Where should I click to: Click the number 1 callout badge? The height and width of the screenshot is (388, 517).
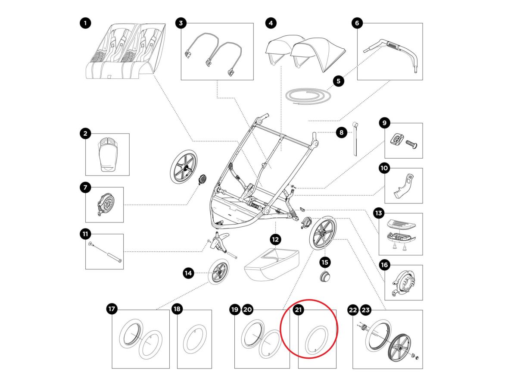(86, 23)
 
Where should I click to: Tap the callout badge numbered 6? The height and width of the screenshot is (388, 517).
(357, 23)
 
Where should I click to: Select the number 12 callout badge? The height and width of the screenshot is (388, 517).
(275, 238)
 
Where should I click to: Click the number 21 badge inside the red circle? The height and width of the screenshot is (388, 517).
(299, 310)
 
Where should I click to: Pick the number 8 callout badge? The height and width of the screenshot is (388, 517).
(341, 133)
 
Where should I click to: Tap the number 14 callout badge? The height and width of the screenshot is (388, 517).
(188, 272)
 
